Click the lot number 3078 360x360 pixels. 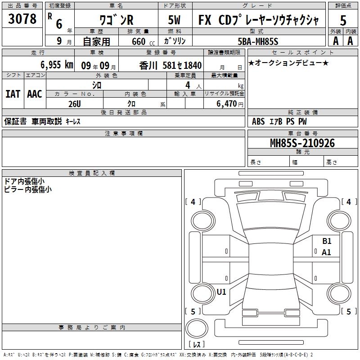click(x=22, y=19)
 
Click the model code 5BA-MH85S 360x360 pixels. click(x=258, y=41)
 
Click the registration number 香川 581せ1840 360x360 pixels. click(x=170, y=65)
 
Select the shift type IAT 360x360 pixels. click(x=13, y=94)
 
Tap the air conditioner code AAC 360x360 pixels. click(x=34, y=94)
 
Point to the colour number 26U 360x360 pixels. click(x=74, y=103)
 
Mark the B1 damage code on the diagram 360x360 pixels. click(x=327, y=241)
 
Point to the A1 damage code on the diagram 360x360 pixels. click(x=327, y=252)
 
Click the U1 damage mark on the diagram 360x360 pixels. click(x=221, y=292)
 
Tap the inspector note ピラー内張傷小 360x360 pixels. click(x=28, y=189)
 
